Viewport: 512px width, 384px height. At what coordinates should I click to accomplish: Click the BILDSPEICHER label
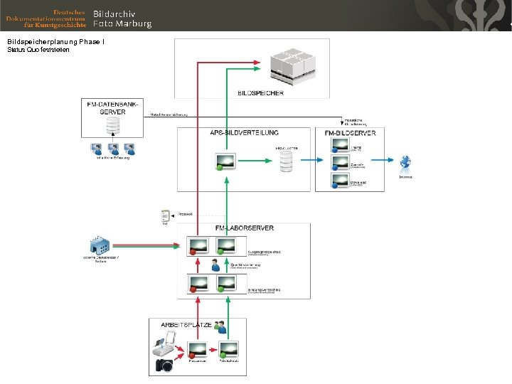(x=261, y=92)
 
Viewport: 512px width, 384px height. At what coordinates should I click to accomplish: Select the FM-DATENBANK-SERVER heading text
(x=112, y=108)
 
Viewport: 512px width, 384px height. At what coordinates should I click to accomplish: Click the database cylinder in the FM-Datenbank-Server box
(x=112, y=127)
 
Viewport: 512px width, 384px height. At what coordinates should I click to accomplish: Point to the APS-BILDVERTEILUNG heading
(x=244, y=133)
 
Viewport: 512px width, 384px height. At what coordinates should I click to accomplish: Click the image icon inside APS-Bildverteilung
(x=226, y=162)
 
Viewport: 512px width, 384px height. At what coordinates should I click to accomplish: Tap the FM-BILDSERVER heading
(x=351, y=133)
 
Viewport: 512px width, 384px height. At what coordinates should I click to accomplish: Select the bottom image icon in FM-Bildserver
(x=340, y=181)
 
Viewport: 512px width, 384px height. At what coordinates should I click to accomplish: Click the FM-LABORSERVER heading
(x=245, y=228)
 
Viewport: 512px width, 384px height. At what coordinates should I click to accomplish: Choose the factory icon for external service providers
(x=100, y=246)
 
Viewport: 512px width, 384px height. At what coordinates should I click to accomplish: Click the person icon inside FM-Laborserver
(x=215, y=265)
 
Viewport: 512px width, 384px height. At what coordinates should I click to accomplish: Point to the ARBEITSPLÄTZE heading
(x=186, y=324)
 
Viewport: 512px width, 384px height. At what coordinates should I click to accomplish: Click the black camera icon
(x=164, y=366)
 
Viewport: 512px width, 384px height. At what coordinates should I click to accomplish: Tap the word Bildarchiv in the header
(x=114, y=14)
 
